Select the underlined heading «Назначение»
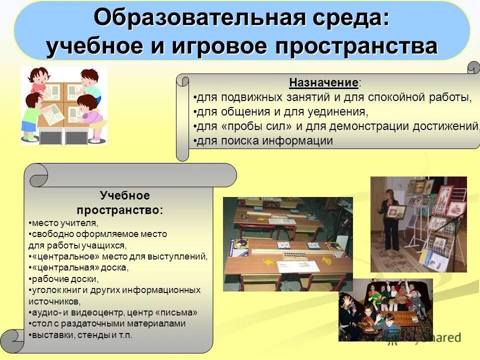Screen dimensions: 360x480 pyautogui.click(x=323, y=82)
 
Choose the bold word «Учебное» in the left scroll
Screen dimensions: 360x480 pyautogui.click(x=124, y=195)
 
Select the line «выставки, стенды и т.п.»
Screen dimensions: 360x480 pyautogui.click(x=80, y=335)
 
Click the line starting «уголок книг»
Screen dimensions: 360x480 pyautogui.click(x=114, y=290)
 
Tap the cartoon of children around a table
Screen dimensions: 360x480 pyautogui.click(x=63, y=105)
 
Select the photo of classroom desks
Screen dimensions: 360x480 pyautogui.click(x=287, y=243)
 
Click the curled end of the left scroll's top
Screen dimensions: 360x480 pyautogui.click(x=37, y=175)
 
